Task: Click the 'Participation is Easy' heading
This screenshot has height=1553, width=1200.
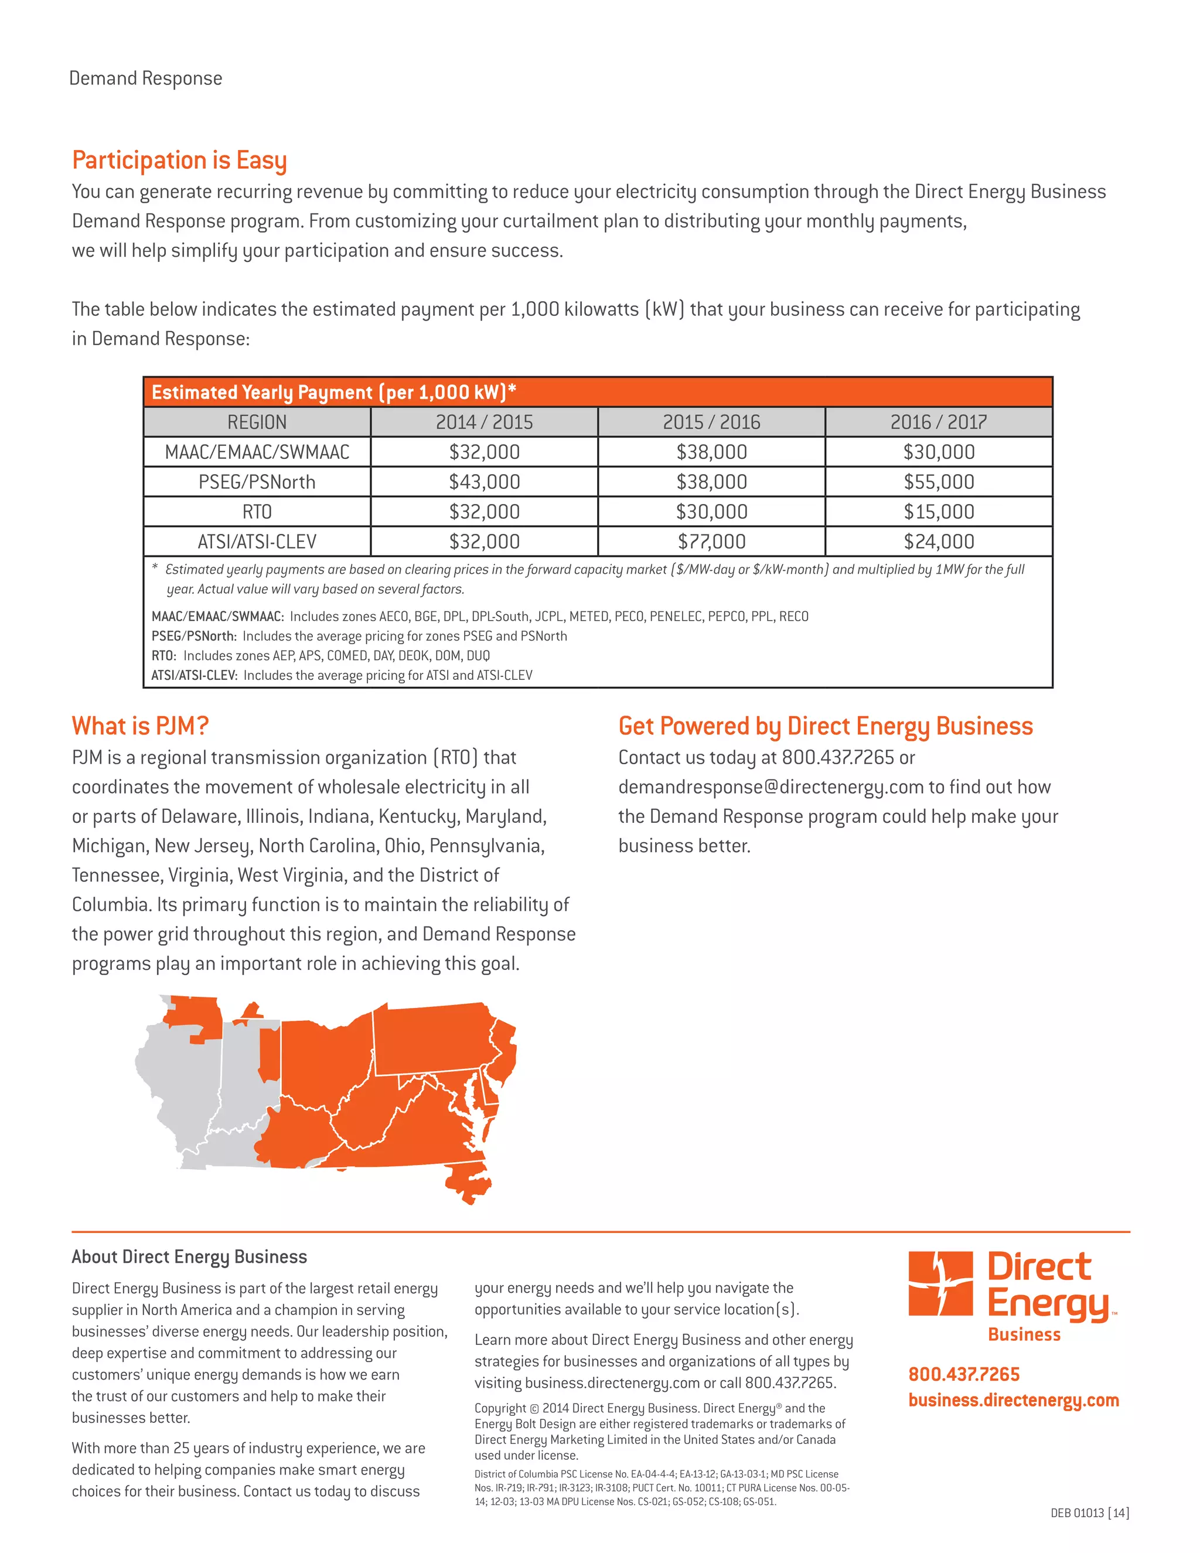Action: point(179,161)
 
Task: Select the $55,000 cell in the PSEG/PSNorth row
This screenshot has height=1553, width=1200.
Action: point(939,482)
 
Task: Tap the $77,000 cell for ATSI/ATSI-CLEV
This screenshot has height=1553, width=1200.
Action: point(711,542)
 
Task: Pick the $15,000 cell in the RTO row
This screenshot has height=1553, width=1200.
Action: point(939,512)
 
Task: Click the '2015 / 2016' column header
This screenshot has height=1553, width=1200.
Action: point(711,423)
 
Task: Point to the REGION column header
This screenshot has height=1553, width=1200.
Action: point(257,423)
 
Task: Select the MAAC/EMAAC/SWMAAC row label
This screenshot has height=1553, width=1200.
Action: point(257,452)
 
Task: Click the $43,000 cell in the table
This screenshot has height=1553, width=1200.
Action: point(484,482)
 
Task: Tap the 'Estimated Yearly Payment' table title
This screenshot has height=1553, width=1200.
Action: point(333,393)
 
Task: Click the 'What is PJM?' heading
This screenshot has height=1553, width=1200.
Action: point(140,726)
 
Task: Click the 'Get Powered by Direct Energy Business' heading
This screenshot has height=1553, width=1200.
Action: point(826,726)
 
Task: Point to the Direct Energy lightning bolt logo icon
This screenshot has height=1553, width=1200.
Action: point(940,1283)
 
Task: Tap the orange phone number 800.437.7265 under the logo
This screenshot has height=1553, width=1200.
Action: point(963,1374)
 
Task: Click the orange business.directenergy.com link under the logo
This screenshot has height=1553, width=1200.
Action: point(1013,1400)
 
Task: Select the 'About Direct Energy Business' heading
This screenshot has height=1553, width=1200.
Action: point(189,1257)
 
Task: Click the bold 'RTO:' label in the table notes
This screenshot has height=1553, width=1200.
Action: point(163,656)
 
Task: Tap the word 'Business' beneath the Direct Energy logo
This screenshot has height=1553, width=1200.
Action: point(1024,1334)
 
